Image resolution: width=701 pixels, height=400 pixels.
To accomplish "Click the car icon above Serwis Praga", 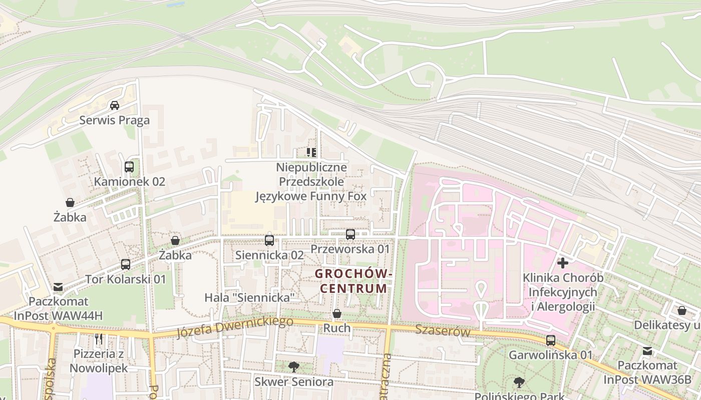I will click(115, 105).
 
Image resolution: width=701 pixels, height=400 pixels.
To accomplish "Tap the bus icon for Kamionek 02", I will click(129, 167).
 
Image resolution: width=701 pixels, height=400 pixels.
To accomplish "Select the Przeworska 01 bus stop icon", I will click(350, 234).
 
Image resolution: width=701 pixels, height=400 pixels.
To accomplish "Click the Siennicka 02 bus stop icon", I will click(269, 240).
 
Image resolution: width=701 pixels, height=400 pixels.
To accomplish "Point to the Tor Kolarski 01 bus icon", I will click(126, 264).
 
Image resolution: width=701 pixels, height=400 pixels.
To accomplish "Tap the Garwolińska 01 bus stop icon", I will click(551, 340).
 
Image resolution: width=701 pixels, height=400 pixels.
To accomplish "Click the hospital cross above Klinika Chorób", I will click(563, 262).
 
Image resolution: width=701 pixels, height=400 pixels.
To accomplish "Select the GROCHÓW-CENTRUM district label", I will click(354, 281).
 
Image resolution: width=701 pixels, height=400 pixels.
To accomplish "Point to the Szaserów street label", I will click(443, 330).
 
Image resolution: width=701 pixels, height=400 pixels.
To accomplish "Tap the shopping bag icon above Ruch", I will click(337, 313).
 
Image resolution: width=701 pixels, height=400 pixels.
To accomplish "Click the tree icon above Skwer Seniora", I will click(294, 367).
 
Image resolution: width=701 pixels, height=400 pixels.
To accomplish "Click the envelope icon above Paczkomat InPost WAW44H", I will click(58, 287).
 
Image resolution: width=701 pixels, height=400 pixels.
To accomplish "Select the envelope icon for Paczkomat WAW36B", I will click(647, 350).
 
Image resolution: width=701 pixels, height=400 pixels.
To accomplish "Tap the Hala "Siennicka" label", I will click(249, 297).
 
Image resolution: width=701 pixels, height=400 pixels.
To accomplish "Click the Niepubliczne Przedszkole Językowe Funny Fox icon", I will click(311, 152).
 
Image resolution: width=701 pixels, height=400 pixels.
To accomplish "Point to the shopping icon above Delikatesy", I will click(682, 310).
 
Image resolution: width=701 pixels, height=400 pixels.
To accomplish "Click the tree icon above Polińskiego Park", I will click(519, 382).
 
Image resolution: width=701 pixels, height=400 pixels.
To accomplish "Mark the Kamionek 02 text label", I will click(130, 181).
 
